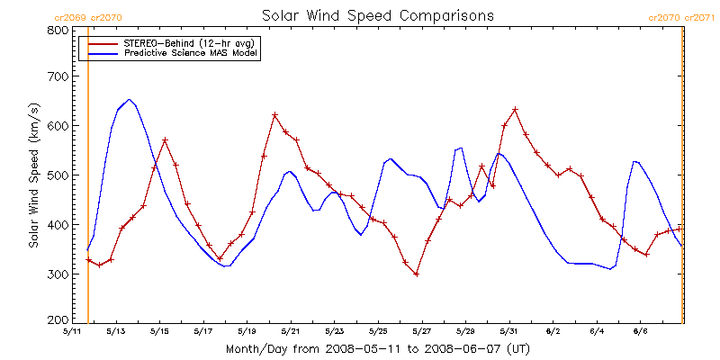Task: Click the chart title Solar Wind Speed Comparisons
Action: pos(377,15)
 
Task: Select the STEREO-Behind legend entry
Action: pos(180,43)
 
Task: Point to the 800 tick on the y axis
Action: pos(58,30)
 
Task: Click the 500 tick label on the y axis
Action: pos(58,175)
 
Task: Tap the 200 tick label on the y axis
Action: pos(58,320)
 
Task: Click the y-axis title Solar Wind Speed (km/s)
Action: pos(33,175)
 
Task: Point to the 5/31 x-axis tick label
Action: pos(508,331)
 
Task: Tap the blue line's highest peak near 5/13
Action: pos(129,99)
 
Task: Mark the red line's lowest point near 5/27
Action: pos(416,274)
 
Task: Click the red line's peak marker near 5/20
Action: pos(274,115)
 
